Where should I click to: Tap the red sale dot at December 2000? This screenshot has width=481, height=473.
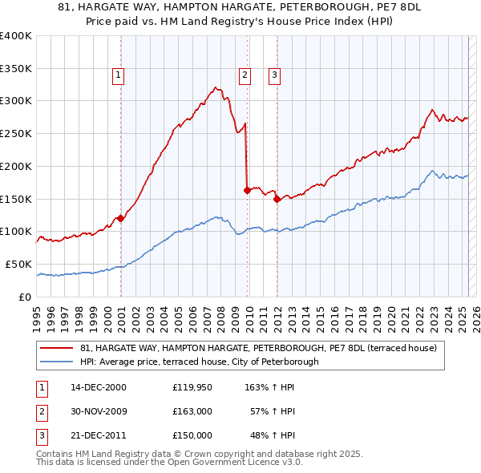120,218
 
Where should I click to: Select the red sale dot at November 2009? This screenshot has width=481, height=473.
247,190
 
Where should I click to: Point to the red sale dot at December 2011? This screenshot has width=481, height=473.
276,199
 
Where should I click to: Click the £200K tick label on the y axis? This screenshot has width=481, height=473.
16,166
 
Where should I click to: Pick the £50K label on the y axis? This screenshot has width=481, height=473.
18,264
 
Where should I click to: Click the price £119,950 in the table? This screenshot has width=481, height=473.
192,386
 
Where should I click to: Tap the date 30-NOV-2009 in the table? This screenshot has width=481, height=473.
99,411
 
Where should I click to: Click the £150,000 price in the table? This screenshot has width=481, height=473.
192,435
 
